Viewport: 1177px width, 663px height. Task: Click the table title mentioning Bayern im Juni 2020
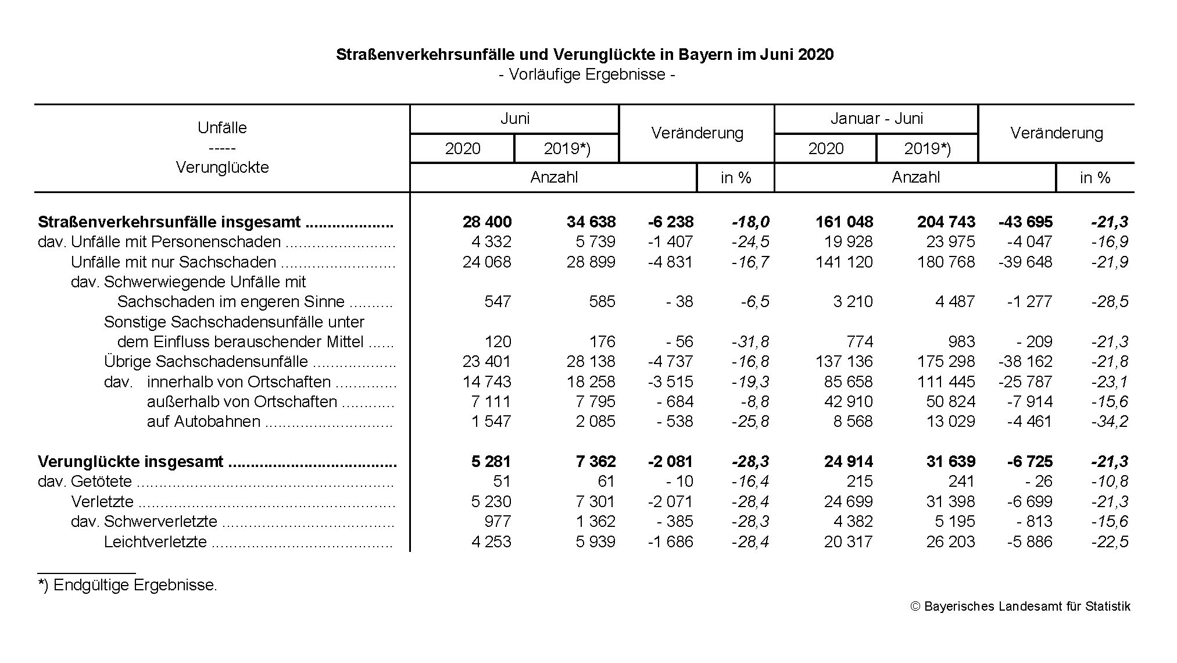(584, 55)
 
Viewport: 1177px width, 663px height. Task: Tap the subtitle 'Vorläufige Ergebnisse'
(586, 74)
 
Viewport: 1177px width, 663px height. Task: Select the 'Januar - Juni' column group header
(876, 119)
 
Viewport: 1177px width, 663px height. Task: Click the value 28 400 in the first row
(487, 222)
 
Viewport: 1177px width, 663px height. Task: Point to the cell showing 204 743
(946, 222)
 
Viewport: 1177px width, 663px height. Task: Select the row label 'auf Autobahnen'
(203, 422)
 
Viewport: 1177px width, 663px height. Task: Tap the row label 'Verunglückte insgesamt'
(130, 462)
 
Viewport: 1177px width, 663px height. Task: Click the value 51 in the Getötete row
(501, 482)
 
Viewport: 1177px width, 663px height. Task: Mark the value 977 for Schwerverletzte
(498, 522)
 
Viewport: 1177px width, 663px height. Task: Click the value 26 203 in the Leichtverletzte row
(950, 542)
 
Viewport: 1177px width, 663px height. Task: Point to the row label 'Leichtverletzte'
(155, 542)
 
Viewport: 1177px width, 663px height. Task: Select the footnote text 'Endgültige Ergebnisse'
(134, 585)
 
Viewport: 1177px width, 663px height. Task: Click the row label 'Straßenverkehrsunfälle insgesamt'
(169, 222)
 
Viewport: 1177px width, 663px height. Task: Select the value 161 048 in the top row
(845, 222)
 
